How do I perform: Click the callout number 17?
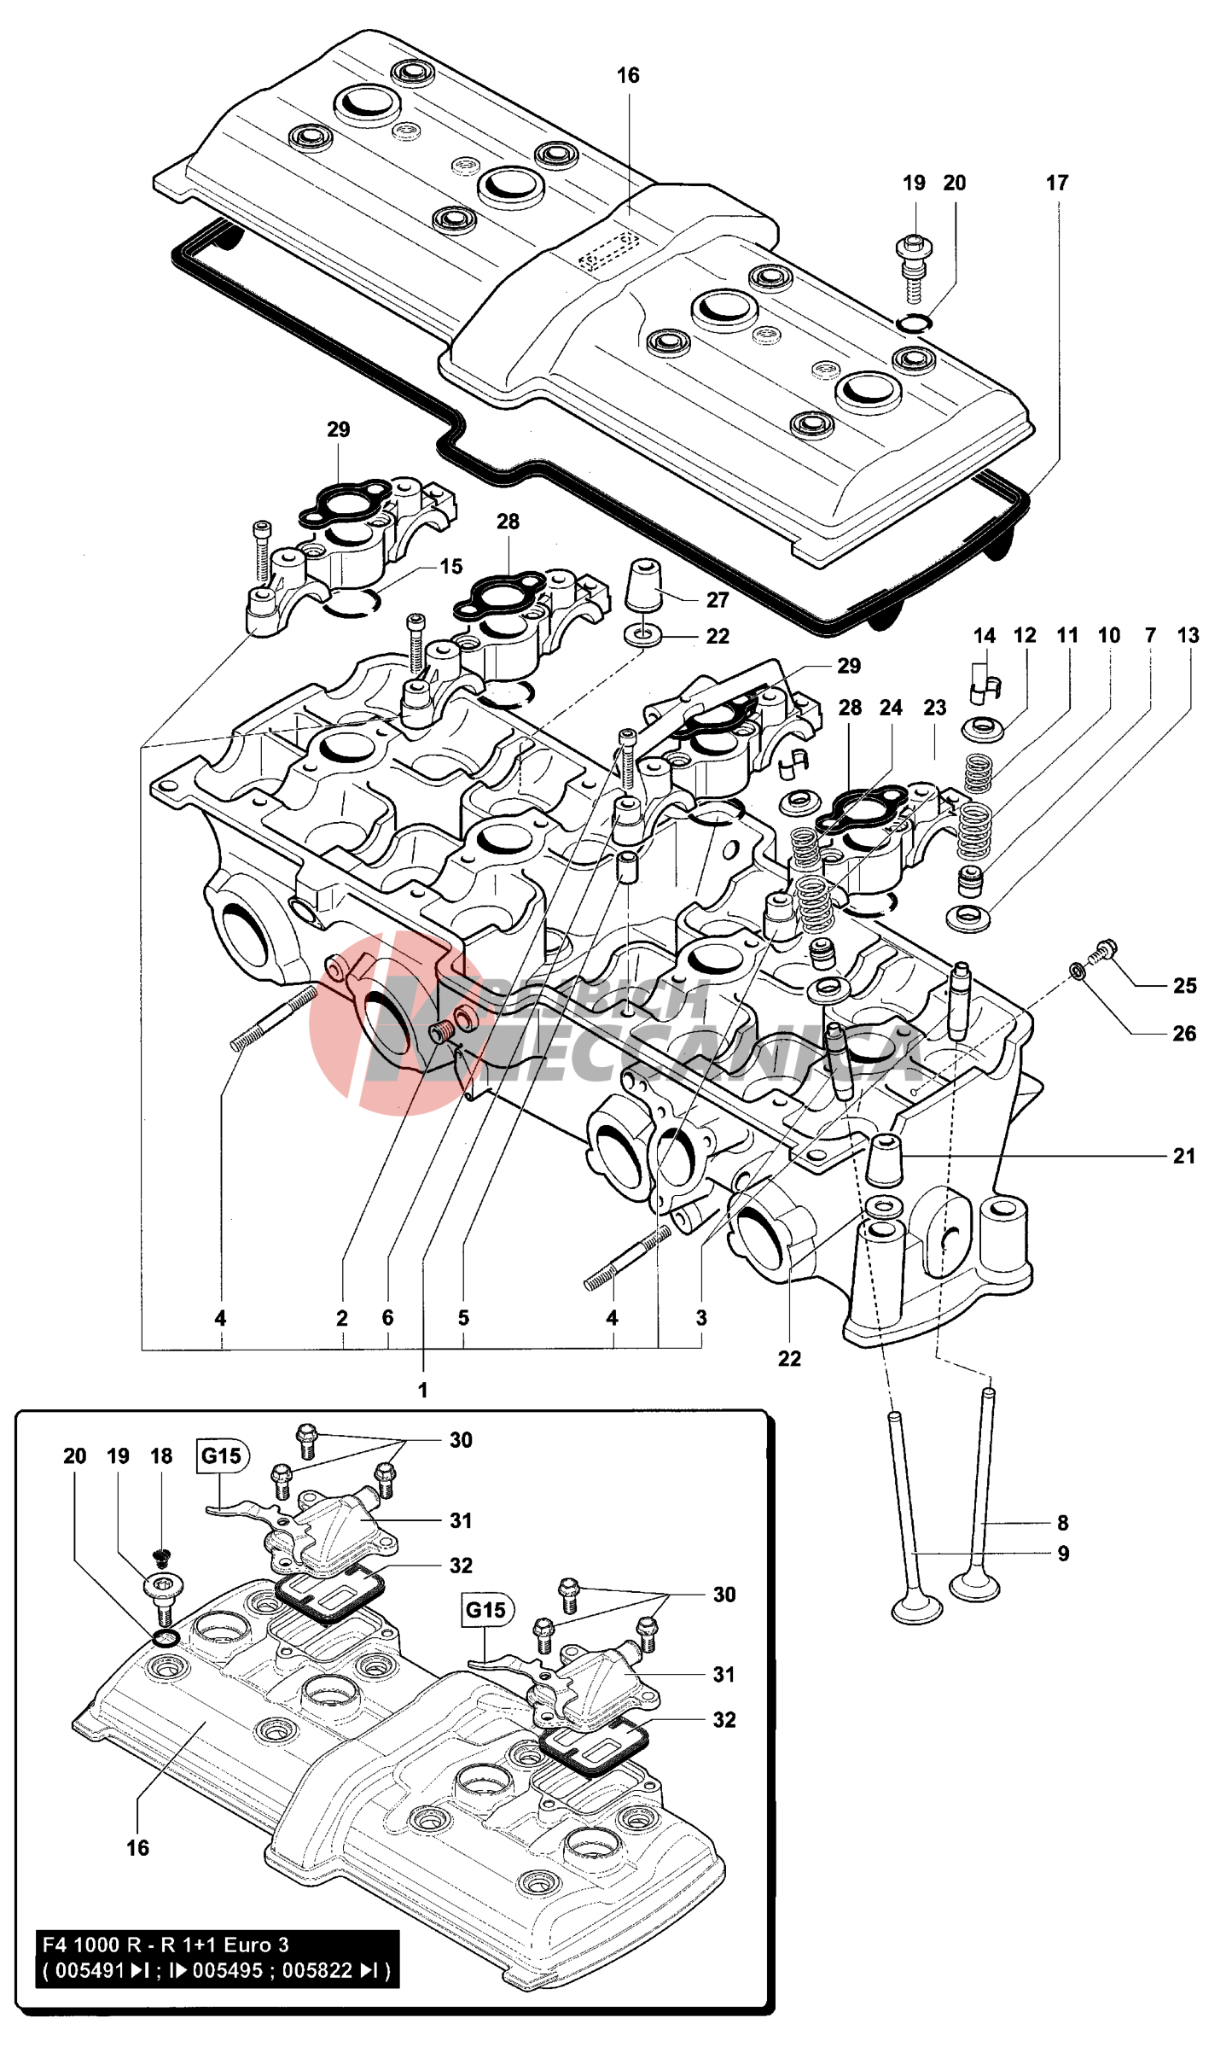click(x=1057, y=183)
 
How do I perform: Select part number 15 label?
click(x=451, y=566)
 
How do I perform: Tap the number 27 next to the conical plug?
click(x=718, y=600)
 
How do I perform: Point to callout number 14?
click(x=985, y=636)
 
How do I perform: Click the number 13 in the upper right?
click(x=1188, y=636)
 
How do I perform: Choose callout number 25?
click(x=1184, y=986)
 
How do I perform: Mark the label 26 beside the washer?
click(x=1184, y=1034)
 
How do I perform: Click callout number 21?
click(x=1184, y=1157)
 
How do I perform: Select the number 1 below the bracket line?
click(x=422, y=1391)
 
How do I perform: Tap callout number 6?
click(x=387, y=1318)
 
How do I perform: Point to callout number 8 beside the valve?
click(x=1063, y=1523)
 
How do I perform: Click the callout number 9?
click(x=1063, y=1554)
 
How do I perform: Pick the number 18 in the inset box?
click(x=161, y=1456)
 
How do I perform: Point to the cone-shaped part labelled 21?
click(x=885, y=1161)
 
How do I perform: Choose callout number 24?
click(x=891, y=708)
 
